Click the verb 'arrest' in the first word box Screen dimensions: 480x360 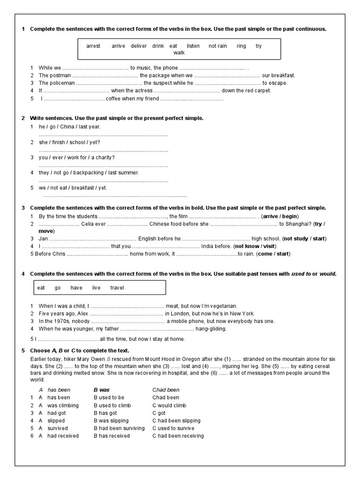coord(94,46)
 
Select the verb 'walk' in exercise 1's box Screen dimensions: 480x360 coord(179,52)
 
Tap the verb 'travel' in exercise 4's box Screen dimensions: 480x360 coord(117,288)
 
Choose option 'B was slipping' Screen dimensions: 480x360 coord(111,420)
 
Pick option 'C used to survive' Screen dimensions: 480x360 coord(173,428)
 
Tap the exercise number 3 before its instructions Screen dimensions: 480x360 coord(23,208)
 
